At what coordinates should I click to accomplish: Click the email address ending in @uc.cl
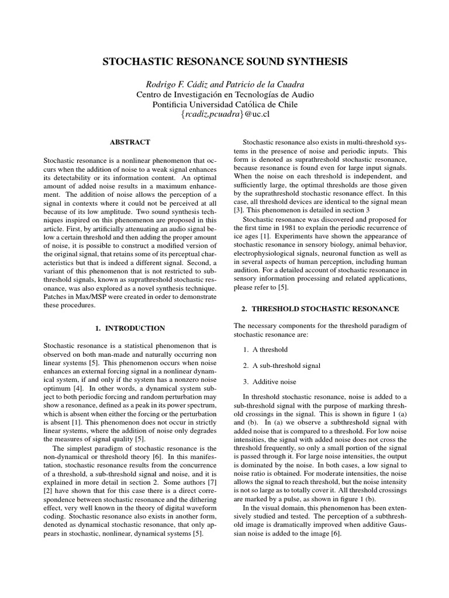point(224,115)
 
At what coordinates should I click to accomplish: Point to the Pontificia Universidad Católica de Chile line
point(224,105)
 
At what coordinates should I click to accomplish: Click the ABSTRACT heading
point(130,142)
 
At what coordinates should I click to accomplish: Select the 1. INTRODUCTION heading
point(130,328)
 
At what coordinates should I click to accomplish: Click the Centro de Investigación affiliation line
point(224,94)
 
